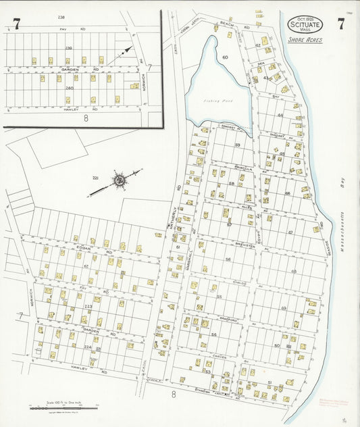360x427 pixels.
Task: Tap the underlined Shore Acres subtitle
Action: pyautogui.click(x=305, y=40)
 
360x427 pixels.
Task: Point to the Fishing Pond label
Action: pyautogui.click(x=218, y=101)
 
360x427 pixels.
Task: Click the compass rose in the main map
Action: pyautogui.click(x=119, y=180)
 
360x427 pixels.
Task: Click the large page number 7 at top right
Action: pyautogui.click(x=341, y=24)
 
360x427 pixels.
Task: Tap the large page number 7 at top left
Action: pyautogui.click(x=16, y=24)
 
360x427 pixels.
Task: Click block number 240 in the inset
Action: pyautogui.click(x=69, y=89)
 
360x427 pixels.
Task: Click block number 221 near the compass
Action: pyautogui.click(x=96, y=178)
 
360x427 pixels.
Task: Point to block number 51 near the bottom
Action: pyautogui.click(x=269, y=383)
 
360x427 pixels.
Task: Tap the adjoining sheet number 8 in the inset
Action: pyautogui.click(x=86, y=118)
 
